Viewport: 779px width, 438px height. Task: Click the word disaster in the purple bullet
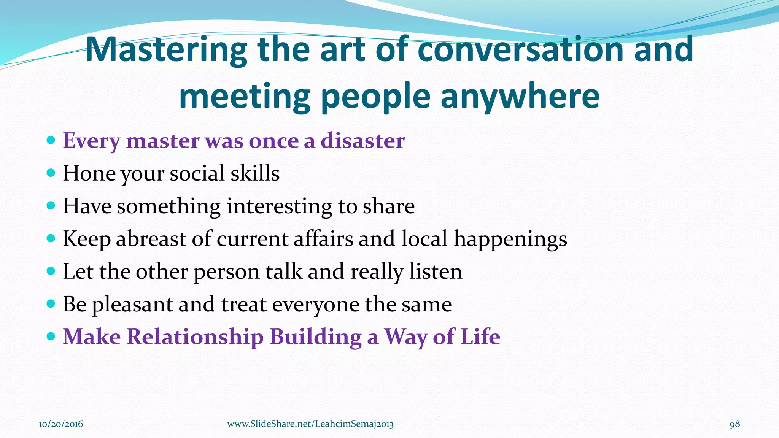click(362, 141)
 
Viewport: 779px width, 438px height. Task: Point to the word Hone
click(89, 173)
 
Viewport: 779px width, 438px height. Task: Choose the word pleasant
click(132, 305)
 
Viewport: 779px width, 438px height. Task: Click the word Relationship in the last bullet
click(195, 337)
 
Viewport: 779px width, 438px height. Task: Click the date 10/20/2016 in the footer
click(61, 424)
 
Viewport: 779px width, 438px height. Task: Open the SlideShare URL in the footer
click(310, 424)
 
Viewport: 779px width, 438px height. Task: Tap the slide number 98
click(734, 424)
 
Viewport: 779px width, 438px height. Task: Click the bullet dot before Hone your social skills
click(51, 173)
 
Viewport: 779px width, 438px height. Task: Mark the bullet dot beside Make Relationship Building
click(51, 337)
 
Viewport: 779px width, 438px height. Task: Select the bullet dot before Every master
click(51, 141)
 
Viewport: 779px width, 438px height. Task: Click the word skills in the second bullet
click(255, 173)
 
